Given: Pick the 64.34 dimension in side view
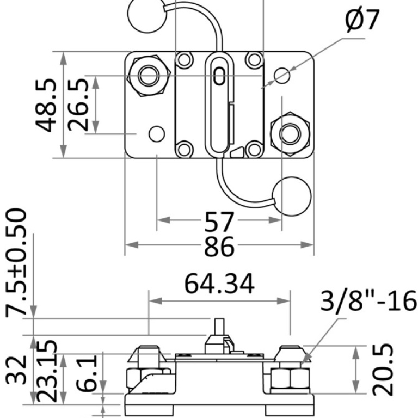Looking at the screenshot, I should [219, 284].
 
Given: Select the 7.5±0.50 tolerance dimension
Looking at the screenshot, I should [16, 261].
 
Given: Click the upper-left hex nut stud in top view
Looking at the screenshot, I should [147, 75].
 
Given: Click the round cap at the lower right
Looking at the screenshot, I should [292, 197].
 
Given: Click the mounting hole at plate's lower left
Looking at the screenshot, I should [157, 133].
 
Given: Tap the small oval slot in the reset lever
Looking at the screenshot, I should [219, 75].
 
